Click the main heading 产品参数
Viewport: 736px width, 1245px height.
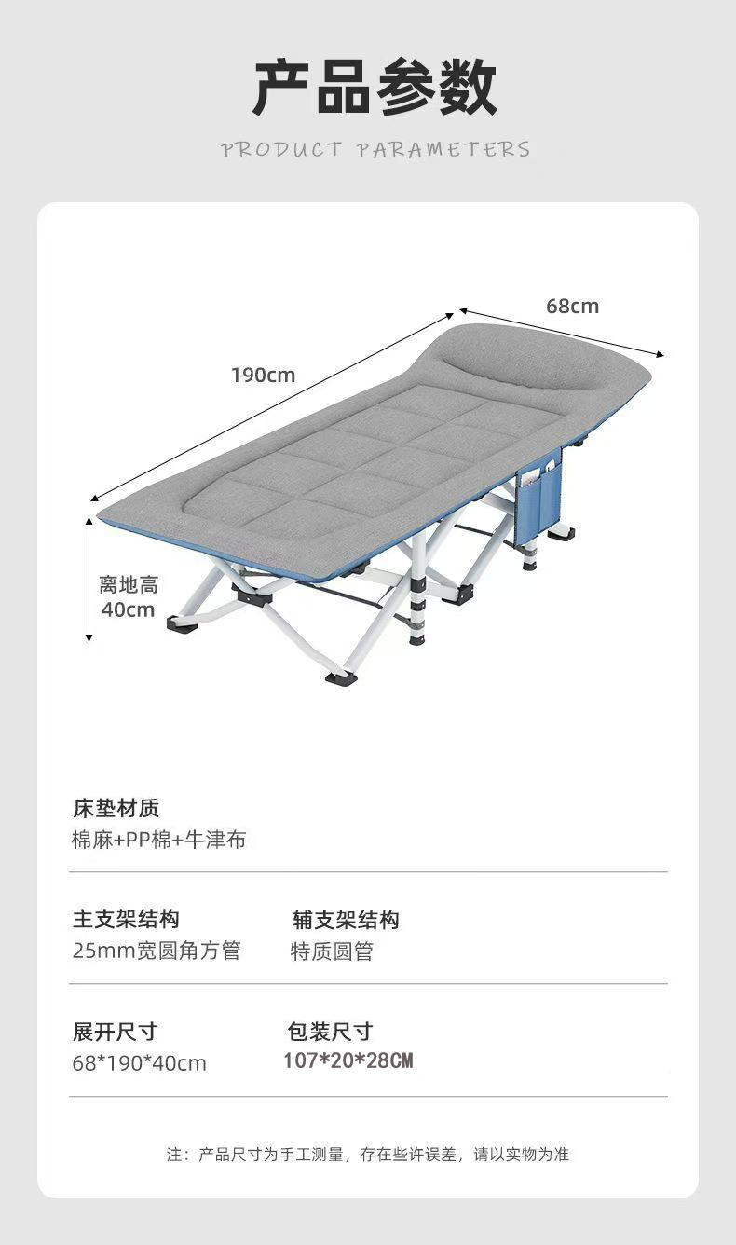pos(375,88)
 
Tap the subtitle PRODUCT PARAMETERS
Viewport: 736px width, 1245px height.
pos(375,149)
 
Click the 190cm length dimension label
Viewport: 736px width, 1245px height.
pos(263,376)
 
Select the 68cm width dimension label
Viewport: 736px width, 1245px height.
pos(572,306)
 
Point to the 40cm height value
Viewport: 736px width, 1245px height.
pos(128,609)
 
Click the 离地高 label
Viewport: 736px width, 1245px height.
pos(129,585)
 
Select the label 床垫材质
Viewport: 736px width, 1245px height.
pos(116,807)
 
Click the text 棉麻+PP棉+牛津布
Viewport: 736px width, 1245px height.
pos(159,839)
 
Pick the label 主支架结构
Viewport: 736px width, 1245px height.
pos(126,920)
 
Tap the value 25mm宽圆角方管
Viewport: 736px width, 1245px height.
pos(157,951)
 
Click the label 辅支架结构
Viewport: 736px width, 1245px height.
pos(346,920)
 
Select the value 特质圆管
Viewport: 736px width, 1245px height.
pos(332,951)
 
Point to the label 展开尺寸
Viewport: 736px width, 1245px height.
pos(116,1032)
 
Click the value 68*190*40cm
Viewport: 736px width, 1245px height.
pos(140,1062)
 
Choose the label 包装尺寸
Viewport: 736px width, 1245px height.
pos(330,1032)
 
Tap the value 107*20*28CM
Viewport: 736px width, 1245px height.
pos(348,1060)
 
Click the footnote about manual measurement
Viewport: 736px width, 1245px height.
pos(368,1155)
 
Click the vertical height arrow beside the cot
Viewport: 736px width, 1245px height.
pos(89,578)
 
